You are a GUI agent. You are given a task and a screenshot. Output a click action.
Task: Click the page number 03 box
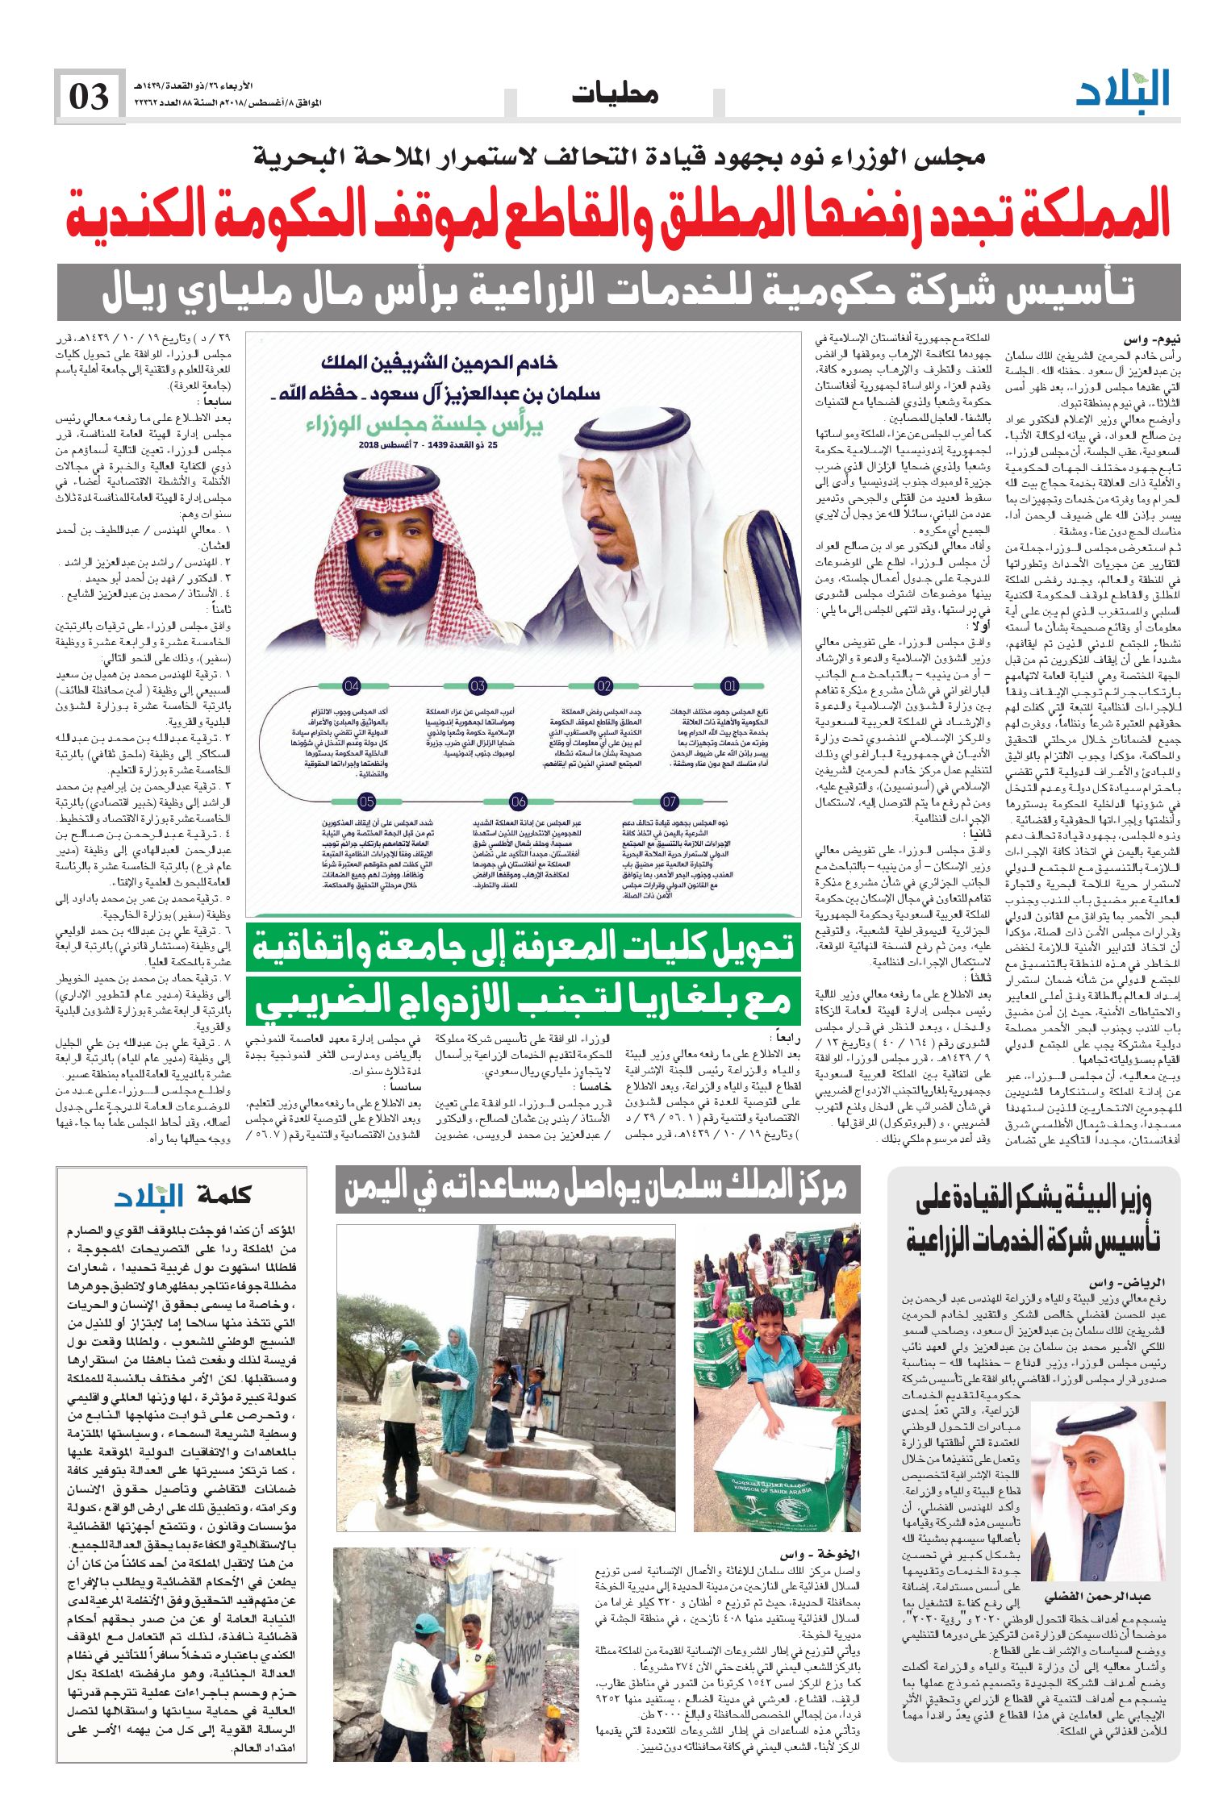pos(89,97)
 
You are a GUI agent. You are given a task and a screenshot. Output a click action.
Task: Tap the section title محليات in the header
pos(615,94)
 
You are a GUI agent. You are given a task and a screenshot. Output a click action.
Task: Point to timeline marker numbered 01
pos(730,686)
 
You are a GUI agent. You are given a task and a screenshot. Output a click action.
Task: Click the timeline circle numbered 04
pos(352,686)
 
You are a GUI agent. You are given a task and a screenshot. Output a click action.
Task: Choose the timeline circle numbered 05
pos(367,802)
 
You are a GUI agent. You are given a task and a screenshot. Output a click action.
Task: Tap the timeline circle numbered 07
pos(670,802)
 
